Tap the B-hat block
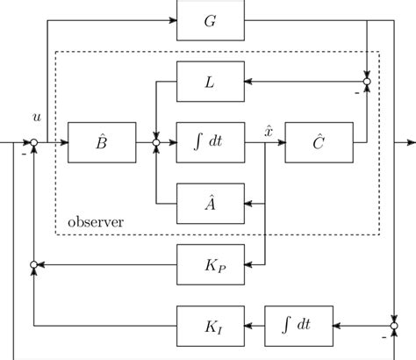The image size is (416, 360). [100, 141]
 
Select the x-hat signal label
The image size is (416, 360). [269, 130]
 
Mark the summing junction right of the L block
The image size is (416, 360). [369, 81]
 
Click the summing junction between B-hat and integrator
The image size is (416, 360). [155, 141]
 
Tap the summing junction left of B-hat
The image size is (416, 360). [32, 141]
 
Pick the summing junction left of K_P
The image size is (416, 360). [32, 264]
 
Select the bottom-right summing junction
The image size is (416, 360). [395, 326]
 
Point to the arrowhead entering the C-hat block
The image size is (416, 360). [281, 141]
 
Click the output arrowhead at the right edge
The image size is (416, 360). [412, 141]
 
